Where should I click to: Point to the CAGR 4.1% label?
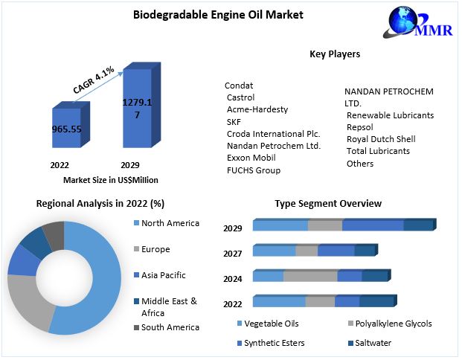click(x=93, y=80)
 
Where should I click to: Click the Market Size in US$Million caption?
click(x=111, y=180)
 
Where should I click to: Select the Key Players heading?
click(x=335, y=54)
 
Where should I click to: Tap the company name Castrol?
click(x=240, y=97)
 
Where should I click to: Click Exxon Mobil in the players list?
click(x=251, y=158)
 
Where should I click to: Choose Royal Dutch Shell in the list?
click(x=381, y=139)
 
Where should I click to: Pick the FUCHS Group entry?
click(x=253, y=170)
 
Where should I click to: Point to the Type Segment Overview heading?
click(x=328, y=203)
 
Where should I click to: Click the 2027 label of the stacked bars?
click(x=233, y=254)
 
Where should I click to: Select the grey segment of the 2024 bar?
click(x=310, y=276)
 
